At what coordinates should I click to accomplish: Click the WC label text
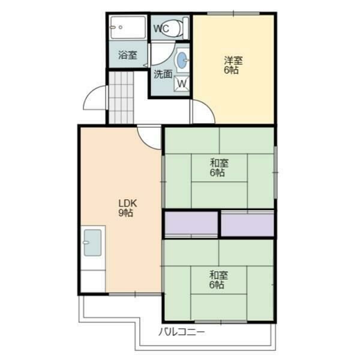[161, 28]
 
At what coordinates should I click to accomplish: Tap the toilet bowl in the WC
[172, 28]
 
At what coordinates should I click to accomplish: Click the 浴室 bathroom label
[128, 55]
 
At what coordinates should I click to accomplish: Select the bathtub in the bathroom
[128, 28]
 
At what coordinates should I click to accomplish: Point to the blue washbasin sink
[182, 60]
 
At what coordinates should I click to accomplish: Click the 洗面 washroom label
[163, 74]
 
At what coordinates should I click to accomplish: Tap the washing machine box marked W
[182, 83]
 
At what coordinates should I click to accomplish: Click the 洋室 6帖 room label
[233, 65]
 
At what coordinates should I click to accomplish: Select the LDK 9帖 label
[127, 208]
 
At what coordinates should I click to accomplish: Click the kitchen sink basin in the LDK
[92, 242]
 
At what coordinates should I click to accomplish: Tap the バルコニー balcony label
[181, 332]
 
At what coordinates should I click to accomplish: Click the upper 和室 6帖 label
[219, 168]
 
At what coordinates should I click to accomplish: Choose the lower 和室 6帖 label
[218, 280]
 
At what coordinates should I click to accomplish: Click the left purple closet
[191, 223]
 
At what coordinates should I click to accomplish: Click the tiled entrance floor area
[121, 98]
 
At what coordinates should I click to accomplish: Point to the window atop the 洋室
[233, 13]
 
